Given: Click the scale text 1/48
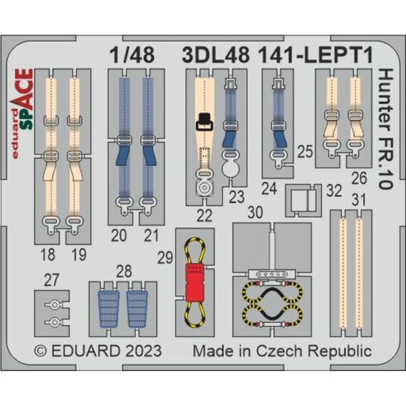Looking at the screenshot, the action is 132,55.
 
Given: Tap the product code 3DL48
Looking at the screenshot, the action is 216,55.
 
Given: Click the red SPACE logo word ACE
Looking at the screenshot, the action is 25,89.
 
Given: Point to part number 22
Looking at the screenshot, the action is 204,215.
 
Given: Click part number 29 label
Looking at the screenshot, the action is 165,258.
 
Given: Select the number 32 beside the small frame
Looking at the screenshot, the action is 334,191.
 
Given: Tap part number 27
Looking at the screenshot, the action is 51,280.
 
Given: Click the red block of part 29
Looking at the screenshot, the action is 194,283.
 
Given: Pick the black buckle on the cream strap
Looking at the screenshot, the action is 204,122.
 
